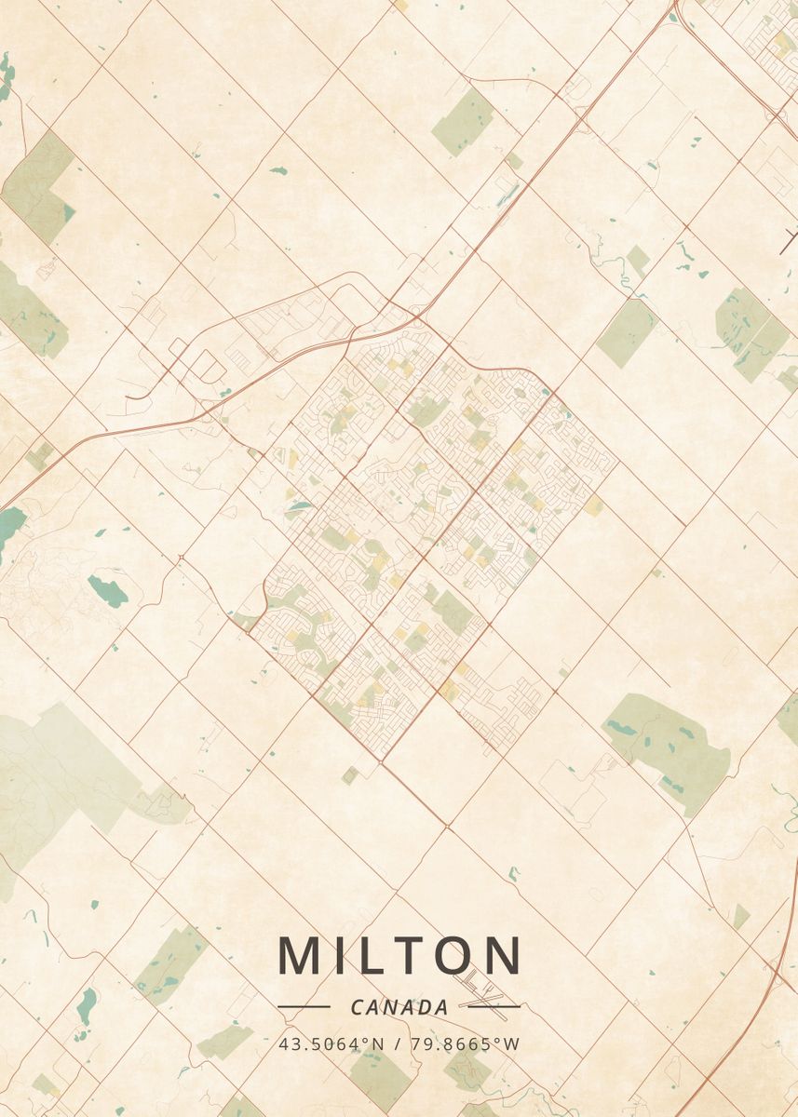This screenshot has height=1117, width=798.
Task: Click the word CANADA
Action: tap(399, 1007)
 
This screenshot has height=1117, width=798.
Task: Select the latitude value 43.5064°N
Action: tap(331, 1043)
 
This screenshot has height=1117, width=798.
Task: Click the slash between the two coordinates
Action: tap(399, 1043)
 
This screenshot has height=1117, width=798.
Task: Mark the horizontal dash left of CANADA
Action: tap(304, 1006)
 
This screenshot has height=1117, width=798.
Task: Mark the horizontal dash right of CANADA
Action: tap(494, 1006)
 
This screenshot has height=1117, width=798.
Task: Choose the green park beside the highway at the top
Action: tap(463, 122)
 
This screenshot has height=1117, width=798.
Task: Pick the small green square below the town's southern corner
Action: tap(349, 774)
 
